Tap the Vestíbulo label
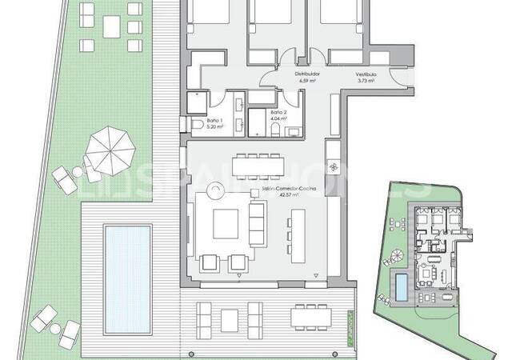pos(367,74)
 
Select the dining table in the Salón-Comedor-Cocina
pos(258,165)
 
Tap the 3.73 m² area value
pos(367,81)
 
